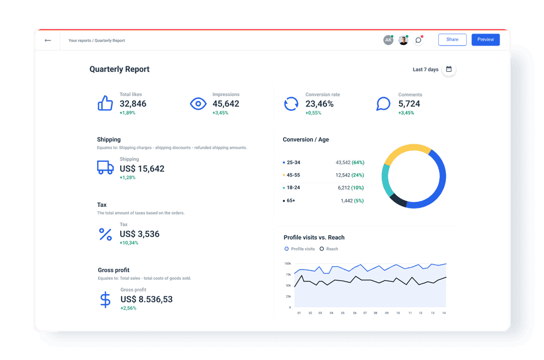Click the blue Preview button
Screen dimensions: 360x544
point(485,40)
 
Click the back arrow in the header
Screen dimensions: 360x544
point(48,40)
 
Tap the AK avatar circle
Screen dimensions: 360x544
point(388,40)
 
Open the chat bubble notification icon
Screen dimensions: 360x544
point(418,40)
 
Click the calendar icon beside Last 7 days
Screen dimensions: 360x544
point(449,69)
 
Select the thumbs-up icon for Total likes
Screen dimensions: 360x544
point(105,103)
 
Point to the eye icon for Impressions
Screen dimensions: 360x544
point(198,104)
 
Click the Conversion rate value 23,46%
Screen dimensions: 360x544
point(320,104)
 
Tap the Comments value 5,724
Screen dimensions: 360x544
point(409,104)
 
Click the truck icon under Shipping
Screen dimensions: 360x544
point(105,167)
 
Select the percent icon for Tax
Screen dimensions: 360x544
point(105,234)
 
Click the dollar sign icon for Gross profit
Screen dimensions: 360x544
point(105,300)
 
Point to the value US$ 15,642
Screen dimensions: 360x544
point(142,169)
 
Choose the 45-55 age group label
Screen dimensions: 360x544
point(293,175)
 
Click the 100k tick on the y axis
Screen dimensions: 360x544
point(287,263)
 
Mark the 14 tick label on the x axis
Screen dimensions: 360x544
point(443,313)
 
